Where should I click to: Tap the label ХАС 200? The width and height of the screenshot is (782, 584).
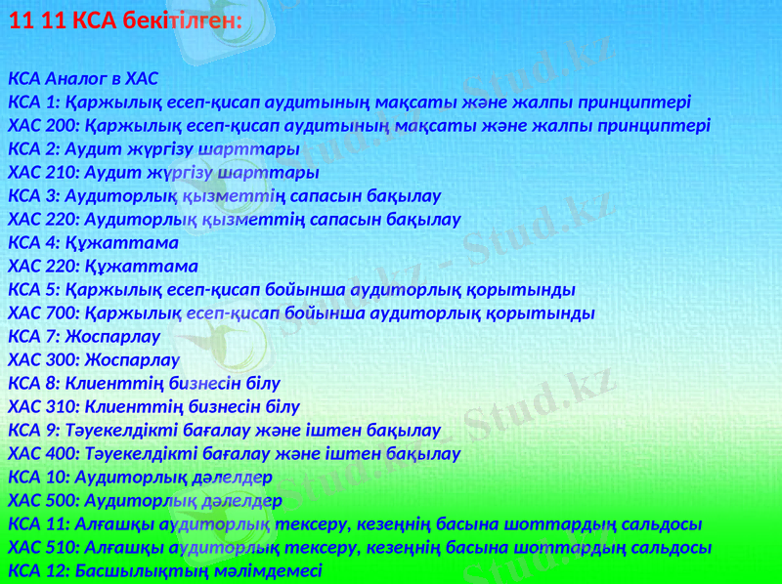coord(43,125)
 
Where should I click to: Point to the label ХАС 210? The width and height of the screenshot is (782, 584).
coord(43,172)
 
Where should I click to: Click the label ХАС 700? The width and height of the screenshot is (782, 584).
coord(43,313)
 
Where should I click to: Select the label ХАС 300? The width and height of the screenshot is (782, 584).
coord(43,359)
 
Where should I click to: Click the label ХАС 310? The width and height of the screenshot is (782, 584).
coord(43,406)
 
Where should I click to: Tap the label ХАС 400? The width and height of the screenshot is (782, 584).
coord(43,453)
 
